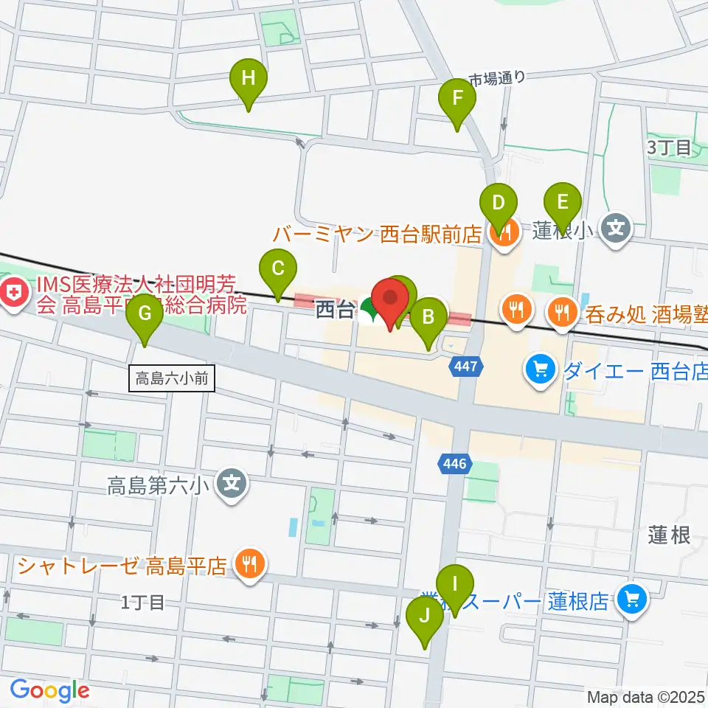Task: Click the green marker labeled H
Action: coord(249,78)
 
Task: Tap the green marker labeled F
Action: coord(457,99)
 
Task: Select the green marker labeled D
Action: coord(499,202)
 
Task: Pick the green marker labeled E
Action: coord(563,202)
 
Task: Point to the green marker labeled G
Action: coord(145,313)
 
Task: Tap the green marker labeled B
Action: coord(428,318)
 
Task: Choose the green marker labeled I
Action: coord(455,584)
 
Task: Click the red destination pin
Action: coord(390,299)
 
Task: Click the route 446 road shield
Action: coord(454,464)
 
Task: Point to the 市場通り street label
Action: coord(498,77)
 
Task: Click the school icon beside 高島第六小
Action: coord(232,484)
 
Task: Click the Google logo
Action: coord(49,691)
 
